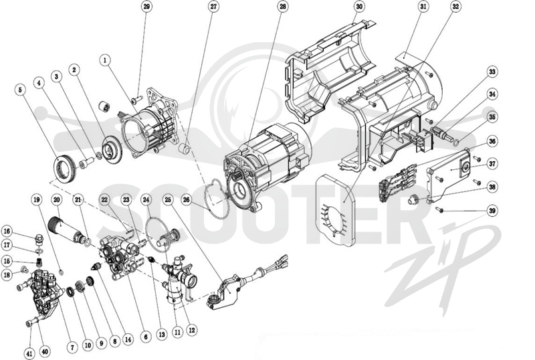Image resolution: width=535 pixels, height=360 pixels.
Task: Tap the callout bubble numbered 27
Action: (x=214, y=7)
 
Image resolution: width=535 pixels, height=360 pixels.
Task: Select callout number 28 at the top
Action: (x=282, y=7)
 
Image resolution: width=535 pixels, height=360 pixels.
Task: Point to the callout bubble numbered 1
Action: (x=106, y=60)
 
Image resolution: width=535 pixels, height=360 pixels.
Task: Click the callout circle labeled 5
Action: (x=20, y=90)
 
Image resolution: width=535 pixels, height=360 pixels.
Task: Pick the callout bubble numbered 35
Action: (x=492, y=117)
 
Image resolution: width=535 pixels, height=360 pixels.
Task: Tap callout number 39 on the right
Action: (x=492, y=211)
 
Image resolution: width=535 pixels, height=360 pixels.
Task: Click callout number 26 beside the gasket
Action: (x=187, y=199)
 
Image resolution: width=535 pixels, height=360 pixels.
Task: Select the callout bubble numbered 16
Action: (x=7, y=232)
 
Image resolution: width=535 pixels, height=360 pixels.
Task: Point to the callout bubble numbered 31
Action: (x=423, y=7)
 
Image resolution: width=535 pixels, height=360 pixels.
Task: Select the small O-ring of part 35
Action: (x=456, y=141)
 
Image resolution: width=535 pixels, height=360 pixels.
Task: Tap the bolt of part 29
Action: (x=136, y=100)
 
